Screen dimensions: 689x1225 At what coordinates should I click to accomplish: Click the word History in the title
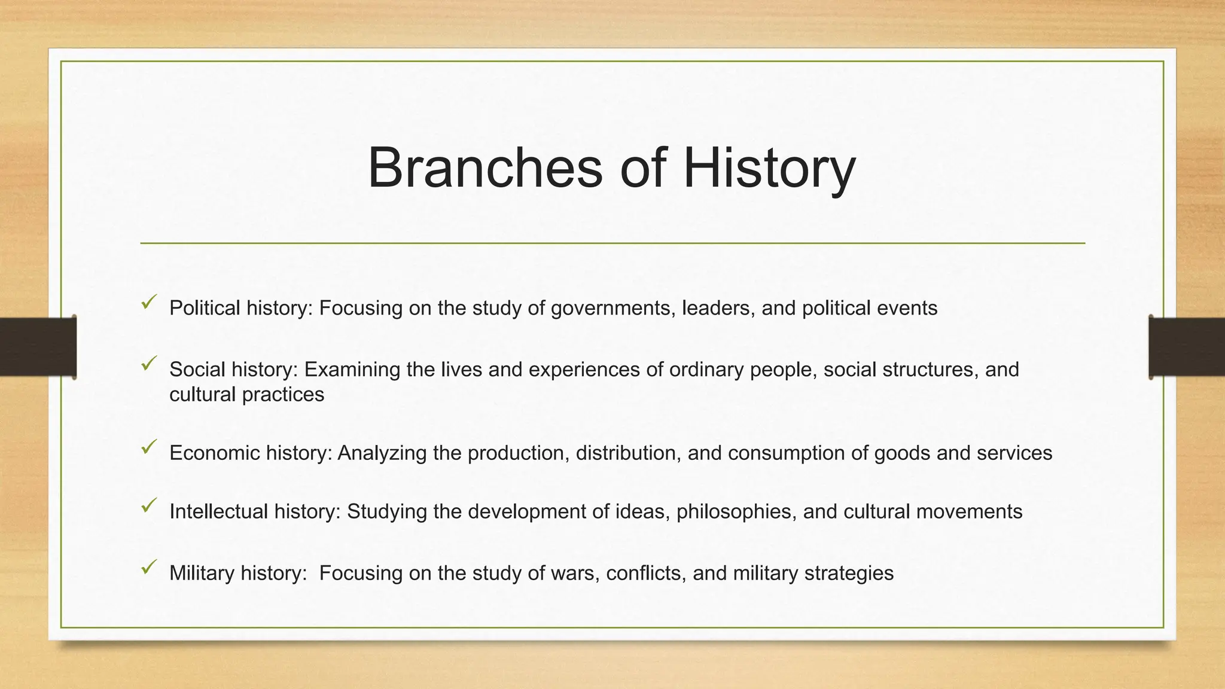(x=769, y=169)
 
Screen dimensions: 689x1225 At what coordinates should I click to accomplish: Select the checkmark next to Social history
(x=149, y=363)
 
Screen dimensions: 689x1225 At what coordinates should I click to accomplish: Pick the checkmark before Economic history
(x=149, y=447)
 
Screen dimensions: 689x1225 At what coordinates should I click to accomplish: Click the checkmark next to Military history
(x=149, y=566)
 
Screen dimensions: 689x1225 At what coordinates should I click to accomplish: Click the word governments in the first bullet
(x=613, y=309)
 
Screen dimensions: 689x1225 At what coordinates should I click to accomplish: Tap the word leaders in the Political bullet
(x=718, y=308)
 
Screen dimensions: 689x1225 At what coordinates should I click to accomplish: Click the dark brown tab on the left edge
(x=38, y=347)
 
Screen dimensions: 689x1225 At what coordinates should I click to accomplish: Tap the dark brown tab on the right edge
(x=1187, y=347)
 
